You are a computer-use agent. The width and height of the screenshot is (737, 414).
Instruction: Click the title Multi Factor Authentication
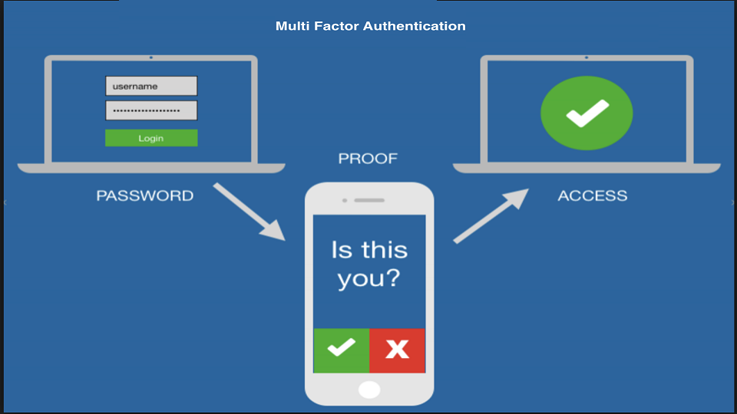click(370, 26)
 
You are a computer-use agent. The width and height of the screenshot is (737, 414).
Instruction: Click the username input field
click(151, 86)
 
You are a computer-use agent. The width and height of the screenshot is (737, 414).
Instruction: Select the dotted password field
click(151, 111)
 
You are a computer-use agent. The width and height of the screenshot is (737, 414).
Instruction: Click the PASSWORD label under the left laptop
click(144, 195)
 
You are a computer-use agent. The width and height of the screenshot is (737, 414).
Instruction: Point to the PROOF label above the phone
click(368, 159)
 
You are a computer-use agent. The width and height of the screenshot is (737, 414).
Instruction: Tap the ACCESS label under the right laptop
click(592, 195)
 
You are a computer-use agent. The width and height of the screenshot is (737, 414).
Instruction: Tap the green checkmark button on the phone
click(341, 350)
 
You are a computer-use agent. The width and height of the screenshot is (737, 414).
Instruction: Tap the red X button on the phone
click(397, 350)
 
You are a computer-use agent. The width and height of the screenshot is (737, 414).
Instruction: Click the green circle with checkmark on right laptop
click(587, 113)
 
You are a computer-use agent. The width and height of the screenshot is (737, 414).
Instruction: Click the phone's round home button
click(369, 389)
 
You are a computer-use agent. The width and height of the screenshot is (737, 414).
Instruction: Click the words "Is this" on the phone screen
click(368, 249)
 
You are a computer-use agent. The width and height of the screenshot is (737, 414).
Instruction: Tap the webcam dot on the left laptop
click(150, 58)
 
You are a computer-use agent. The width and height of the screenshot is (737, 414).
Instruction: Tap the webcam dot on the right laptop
click(587, 58)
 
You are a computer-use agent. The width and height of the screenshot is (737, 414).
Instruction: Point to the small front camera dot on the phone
click(345, 200)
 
